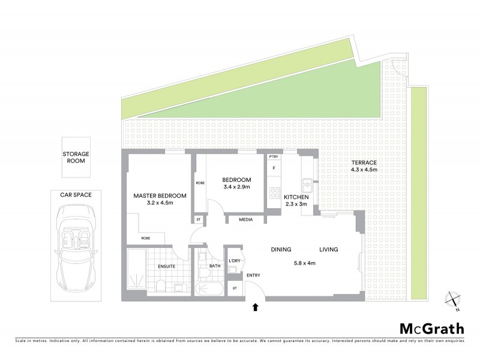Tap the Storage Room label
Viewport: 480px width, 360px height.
coord(76,157)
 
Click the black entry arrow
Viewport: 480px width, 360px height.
coord(256,307)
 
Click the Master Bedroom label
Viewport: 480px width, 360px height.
coord(160,196)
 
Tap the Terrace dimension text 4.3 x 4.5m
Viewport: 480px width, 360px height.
coord(364,170)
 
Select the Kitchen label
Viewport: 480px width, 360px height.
coord(296,197)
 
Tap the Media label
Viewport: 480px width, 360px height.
coord(245,220)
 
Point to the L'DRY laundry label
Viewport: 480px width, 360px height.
coord(235,260)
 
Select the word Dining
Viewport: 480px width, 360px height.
coord(281,250)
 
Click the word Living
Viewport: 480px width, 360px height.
coord(328,250)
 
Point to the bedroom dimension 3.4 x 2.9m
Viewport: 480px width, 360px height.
coord(236,188)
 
